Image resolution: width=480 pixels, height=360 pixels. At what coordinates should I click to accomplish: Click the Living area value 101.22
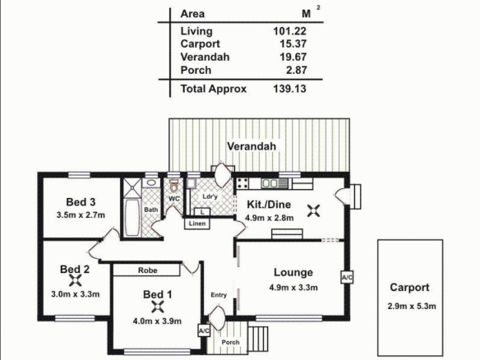click(x=289, y=31)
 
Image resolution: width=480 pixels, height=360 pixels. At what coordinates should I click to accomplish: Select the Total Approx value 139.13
click(x=289, y=89)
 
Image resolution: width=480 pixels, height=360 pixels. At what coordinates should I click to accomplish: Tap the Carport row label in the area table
click(x=200, y=44)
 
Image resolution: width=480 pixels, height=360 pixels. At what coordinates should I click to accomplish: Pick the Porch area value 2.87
click(x=297, y=70)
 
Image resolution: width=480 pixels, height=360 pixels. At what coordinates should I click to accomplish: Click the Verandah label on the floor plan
click(x=252, y=146)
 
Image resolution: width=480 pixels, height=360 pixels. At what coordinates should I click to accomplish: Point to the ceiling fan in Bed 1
click(x=158, y=307)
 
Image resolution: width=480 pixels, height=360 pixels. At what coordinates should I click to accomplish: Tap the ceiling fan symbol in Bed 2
click(x=76, y=280)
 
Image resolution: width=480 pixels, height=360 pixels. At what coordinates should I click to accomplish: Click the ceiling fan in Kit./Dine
click(x=314, y=210)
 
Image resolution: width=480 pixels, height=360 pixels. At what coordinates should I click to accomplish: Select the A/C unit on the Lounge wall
click(x=347, y=277)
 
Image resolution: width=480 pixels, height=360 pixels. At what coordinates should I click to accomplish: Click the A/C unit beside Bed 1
click(x=204, y=330)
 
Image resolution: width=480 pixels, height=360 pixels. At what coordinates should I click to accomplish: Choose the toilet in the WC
click(x=174, y=186)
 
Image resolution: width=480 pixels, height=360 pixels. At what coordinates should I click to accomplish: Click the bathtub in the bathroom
click(x=132, y=218)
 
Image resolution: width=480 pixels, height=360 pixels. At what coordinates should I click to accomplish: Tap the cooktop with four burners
click(x=242, y=183)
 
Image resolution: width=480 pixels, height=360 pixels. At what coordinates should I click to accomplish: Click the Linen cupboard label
click(x=196, y=224)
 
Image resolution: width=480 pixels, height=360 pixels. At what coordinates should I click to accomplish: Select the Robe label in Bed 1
click(x=148, y=270)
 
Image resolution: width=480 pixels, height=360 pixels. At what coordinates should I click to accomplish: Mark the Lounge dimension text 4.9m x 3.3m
click(x=293, y=288)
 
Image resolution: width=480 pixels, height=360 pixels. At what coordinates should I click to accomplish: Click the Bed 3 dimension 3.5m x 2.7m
click(x=81, y=215)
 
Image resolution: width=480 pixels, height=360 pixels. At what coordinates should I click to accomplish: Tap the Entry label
click(x=219, y=295)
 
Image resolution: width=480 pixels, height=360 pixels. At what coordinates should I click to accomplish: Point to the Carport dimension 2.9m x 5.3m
click(x=412, y=306)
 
